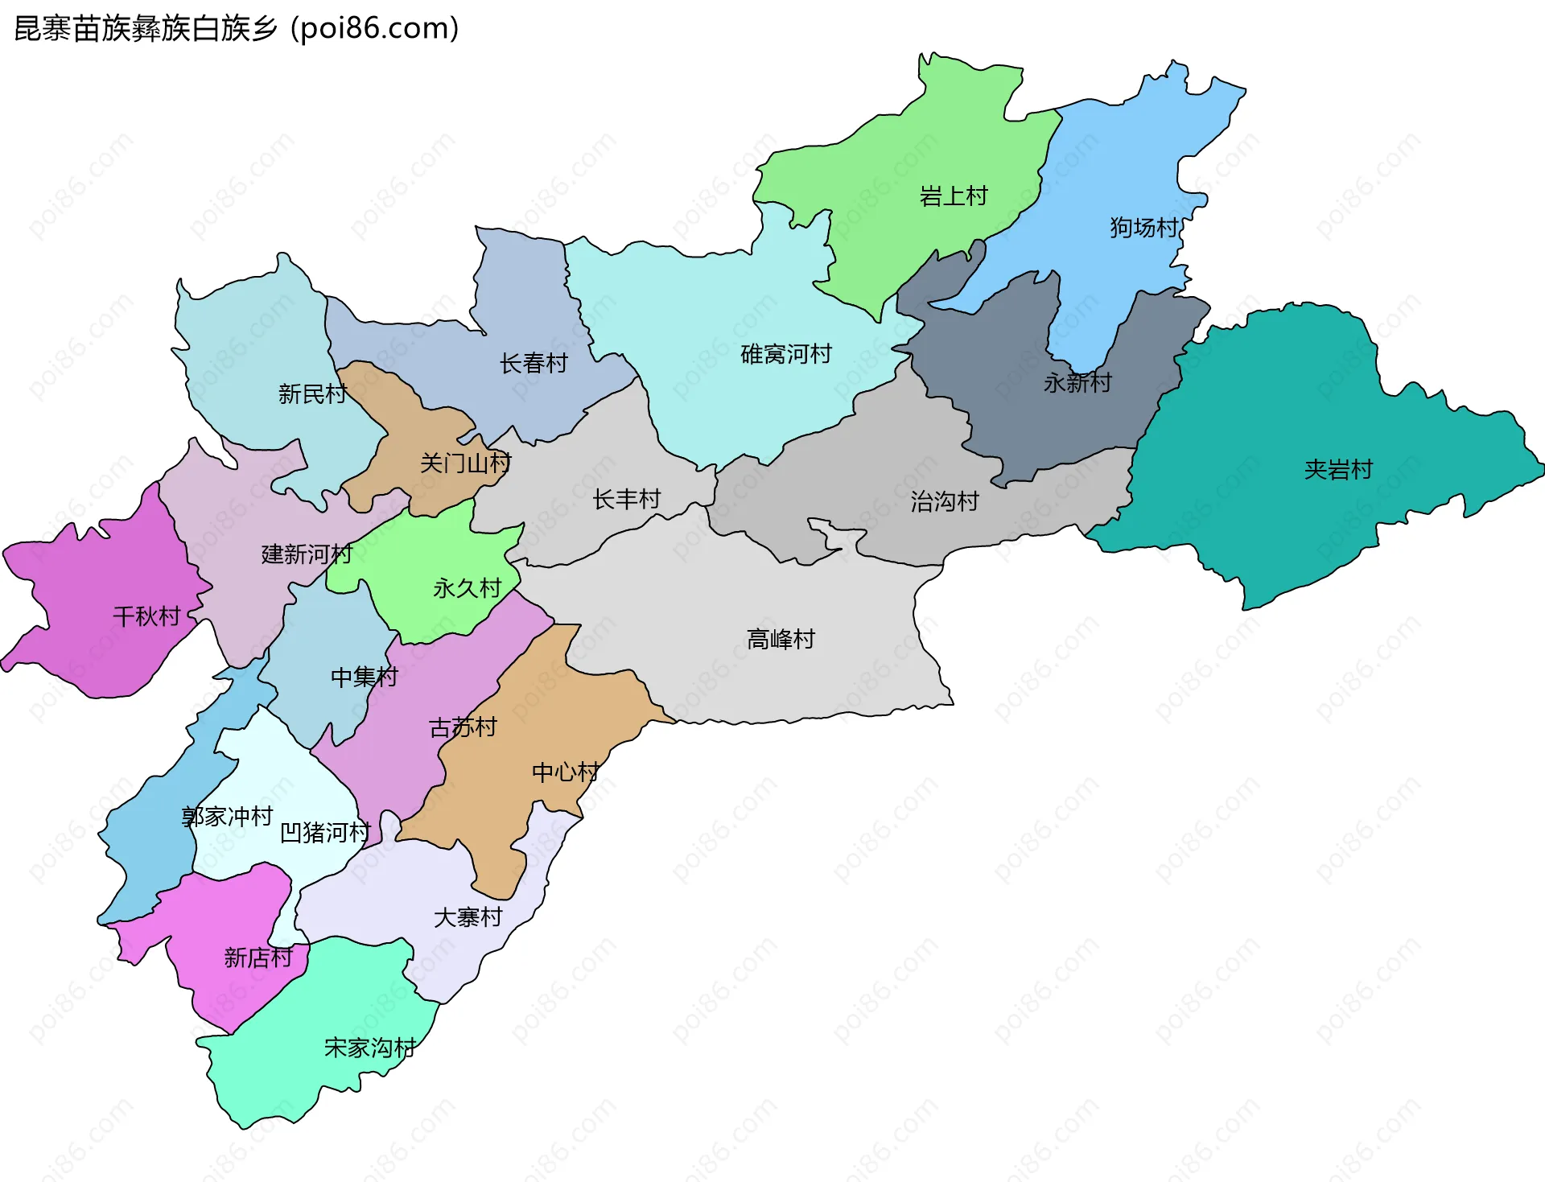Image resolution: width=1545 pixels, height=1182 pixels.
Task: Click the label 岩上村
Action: [x=953, y=196]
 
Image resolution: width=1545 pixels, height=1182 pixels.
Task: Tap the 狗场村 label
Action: [x=1143, y=228]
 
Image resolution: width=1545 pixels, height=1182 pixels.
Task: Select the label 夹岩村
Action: [x=1338, y=470]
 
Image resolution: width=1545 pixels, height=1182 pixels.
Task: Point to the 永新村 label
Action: [x=1077, y=383]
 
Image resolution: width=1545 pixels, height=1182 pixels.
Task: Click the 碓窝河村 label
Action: [x=785, y=354]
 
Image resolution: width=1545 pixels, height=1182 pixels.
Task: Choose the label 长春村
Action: [x=534, y=364]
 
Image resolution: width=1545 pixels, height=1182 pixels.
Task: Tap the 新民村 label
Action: [x=312, y=394]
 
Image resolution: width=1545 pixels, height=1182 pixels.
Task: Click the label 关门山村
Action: [x=465, y=463]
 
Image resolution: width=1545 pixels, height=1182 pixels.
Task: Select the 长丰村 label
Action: [x=626, y=500]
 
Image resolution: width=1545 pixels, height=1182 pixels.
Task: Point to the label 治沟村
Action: [x=944, y=502]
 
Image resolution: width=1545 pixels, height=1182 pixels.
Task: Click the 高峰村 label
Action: [x=781, y=640]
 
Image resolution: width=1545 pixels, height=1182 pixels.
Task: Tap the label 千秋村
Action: [x=146, y=617]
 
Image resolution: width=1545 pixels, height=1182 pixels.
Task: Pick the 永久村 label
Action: [x=467, y=589]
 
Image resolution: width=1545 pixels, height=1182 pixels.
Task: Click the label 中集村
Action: [x=365, y=677]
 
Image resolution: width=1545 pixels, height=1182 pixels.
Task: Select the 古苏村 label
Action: [x=463, y=728]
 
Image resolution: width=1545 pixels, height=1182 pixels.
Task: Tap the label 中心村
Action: [x=566, y=772]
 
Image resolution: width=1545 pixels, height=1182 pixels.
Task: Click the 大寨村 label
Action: [x=468, y=917]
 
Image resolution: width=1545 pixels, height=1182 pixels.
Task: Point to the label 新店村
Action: [x=258, y=958]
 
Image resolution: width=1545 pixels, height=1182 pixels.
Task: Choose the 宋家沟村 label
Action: [x=370, y=1048]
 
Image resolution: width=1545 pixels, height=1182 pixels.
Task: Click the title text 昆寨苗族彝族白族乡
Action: [x=146, y=29]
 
